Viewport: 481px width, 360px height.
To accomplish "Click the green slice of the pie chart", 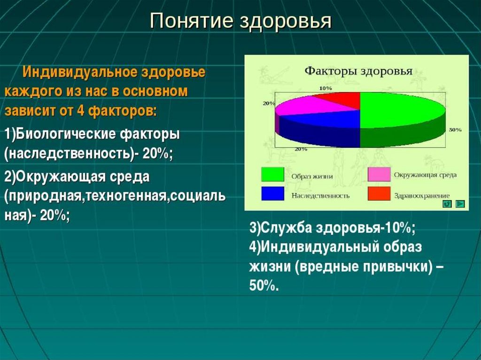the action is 399,110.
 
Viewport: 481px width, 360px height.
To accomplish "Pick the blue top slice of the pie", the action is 325,120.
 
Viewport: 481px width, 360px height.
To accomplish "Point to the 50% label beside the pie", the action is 455,130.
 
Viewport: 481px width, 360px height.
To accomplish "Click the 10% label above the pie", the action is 326,88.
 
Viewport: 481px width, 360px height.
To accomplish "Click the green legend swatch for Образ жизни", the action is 272,174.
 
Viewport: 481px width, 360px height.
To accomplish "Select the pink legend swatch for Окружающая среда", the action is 379,174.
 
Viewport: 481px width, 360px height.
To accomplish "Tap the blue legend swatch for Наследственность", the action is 272,193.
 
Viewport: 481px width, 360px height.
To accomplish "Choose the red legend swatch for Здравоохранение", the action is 379,193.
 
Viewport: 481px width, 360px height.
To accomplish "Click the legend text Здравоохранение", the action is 422,196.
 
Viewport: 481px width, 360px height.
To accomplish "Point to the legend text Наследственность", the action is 320,196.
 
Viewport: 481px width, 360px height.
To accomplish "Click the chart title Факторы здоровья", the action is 358,71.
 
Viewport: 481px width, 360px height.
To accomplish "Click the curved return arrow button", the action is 447,204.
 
